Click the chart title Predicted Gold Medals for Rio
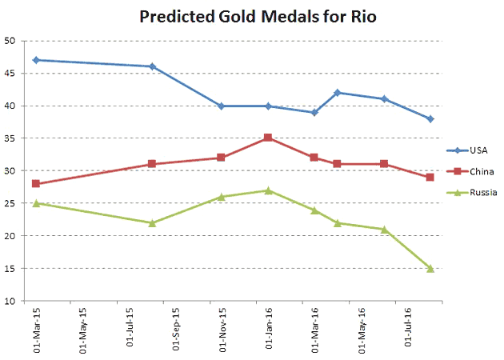[234, 16]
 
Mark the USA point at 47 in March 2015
[36, 60]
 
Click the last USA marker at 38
[430, 118]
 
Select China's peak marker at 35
[268, 138]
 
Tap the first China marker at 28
[36, 183]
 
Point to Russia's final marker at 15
[430, 268]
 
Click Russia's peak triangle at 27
[268, 190]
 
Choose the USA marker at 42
[338, 93]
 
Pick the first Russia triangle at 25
[36, 203]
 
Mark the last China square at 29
[430, 177]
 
